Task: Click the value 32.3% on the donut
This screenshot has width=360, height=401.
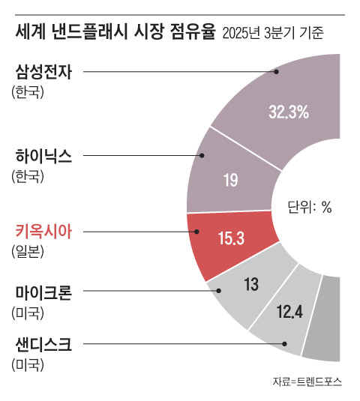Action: coord(289,112)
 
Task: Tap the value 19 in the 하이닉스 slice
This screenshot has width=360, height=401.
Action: coord(231,180)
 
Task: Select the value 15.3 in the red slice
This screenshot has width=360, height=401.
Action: coord(231,238)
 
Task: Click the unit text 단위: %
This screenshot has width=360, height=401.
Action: coord(310,208)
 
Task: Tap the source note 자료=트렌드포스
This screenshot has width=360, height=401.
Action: coord(307,382)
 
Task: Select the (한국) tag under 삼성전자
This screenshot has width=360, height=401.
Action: coord(28,92)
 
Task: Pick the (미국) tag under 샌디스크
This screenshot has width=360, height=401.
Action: coord(28,365)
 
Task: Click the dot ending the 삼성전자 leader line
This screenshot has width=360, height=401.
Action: coord(276,72)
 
